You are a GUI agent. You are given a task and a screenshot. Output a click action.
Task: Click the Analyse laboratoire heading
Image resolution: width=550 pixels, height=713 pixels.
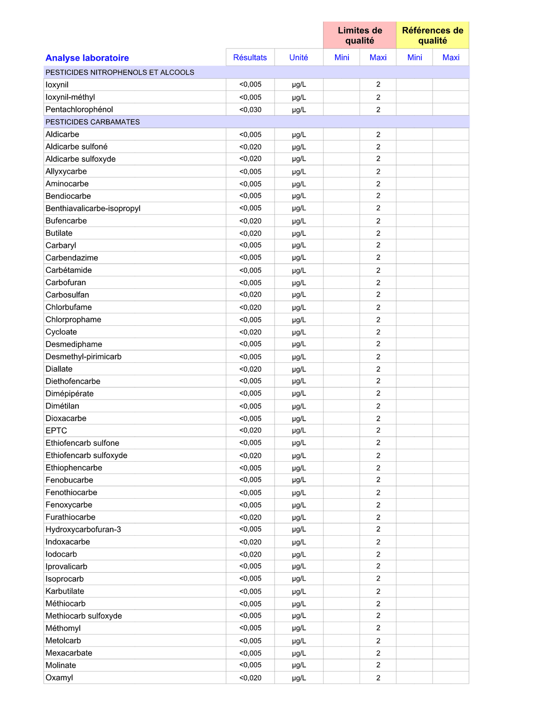87,58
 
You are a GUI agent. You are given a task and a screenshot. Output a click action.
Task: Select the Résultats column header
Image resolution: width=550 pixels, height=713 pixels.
250,57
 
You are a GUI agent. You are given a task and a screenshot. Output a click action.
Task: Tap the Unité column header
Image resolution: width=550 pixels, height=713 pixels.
299,57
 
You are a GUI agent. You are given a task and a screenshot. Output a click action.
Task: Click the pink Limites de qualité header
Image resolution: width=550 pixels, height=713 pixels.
360,36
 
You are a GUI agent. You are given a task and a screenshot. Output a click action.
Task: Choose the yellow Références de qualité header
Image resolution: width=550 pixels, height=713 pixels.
433,36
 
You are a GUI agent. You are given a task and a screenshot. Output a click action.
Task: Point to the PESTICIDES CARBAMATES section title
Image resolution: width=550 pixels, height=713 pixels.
93,122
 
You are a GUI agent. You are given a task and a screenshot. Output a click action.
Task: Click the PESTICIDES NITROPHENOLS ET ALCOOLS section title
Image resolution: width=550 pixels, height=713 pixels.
120,72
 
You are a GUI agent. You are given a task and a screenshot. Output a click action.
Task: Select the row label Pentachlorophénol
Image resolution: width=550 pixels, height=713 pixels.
79,110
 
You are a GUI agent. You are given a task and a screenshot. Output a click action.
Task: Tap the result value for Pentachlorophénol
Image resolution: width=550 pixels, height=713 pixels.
250,110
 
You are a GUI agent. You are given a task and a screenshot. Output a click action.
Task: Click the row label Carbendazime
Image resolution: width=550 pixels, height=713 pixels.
72,258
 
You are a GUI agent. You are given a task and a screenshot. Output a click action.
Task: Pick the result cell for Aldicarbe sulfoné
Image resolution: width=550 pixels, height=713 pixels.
250,147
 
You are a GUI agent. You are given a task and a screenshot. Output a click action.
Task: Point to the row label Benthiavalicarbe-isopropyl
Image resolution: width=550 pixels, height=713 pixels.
93,208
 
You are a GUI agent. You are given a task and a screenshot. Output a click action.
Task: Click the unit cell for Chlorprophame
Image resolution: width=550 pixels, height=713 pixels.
299,320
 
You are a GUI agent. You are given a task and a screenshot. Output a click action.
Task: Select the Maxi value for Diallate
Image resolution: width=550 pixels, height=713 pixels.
378,369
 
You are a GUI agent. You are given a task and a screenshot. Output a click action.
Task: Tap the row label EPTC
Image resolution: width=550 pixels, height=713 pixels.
56,430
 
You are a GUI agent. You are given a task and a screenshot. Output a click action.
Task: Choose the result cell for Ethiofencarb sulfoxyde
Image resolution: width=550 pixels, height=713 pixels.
250,455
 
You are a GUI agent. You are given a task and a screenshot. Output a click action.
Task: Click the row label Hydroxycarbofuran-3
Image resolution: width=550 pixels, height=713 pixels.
83,529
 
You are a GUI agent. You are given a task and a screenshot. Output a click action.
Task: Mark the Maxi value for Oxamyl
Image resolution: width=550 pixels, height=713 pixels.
378,678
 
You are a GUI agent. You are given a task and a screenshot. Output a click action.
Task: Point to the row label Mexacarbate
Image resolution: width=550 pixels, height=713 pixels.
69,653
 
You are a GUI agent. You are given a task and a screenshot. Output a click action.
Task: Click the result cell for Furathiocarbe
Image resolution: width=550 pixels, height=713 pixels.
250,517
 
